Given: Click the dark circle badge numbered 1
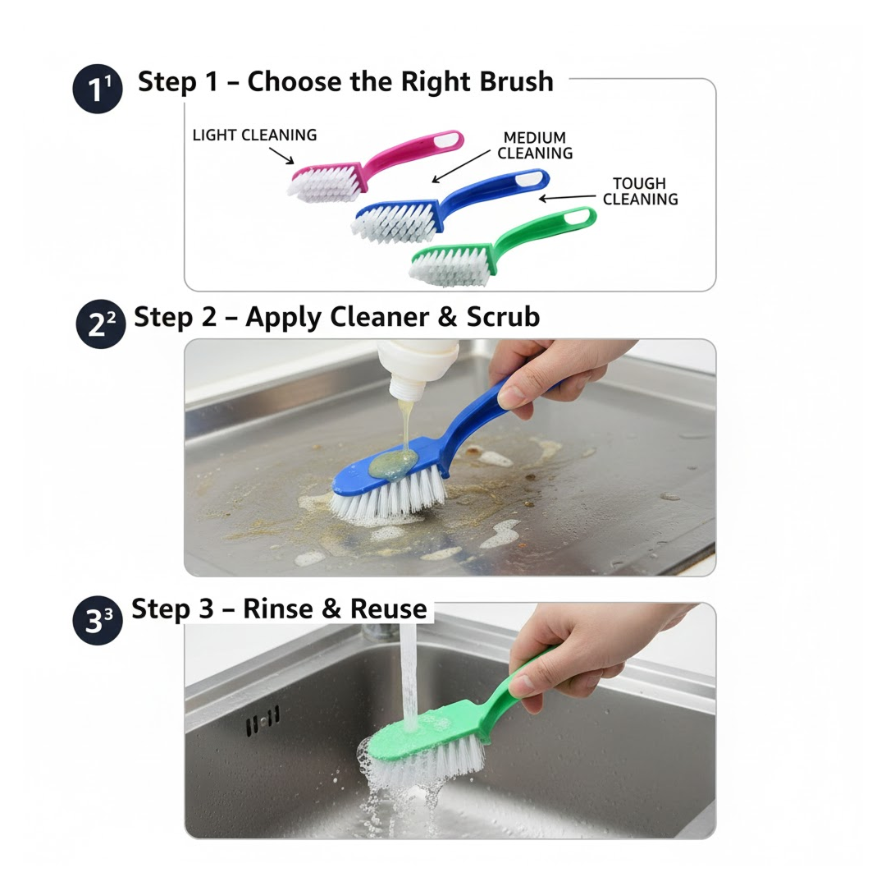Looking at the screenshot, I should [x=98, y=90].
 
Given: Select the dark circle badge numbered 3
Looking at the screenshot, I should [x=98, y=622].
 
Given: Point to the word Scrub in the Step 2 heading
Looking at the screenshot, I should [x=503, y=317].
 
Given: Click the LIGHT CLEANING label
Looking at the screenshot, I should [x=254, y=135].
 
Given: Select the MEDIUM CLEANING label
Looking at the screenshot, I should [x=535, y=145].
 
